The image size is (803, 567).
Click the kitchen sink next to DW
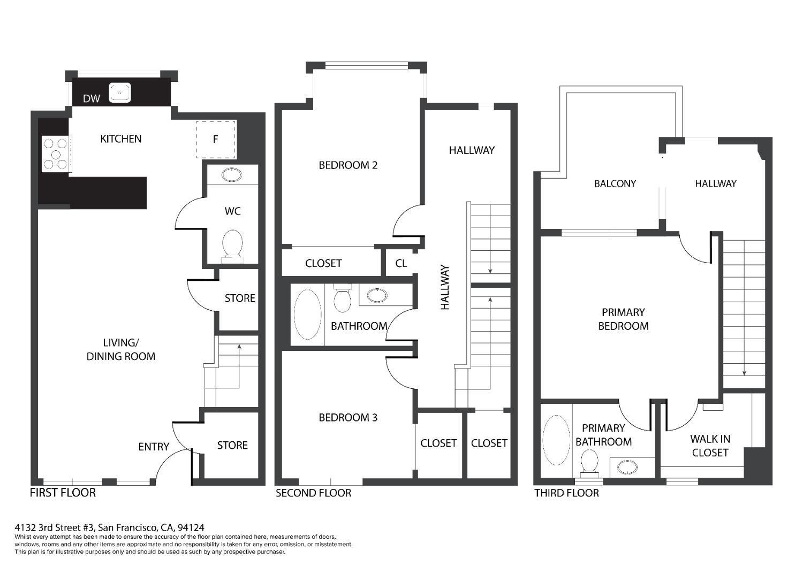pyautogui.click(x=120, y=93)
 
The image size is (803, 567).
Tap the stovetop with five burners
pyautogui.click(x=56, y=154)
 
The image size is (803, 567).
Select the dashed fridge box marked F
pyautogui.click(x=216, y=140)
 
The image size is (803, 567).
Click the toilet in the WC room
pyautogui.click(x=232, y=246)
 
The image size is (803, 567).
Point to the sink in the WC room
pyautogui.click(x=232, y=175)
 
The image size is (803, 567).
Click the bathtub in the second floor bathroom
pyautogui.click(x=307, y=315)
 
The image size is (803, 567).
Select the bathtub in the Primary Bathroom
pyautogui.click(x=556, y=440)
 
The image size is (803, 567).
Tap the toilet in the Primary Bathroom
pyautogui.click(x=589, y=462)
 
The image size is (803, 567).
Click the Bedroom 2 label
pyautogui.click(x=348, y=165)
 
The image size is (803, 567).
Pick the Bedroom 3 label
pyautogui.click(x=348, y=418)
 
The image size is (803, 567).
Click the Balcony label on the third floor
pyautogui.click(x=615, y=183)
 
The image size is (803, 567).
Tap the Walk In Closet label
pyautogui.click(x=710, y=446)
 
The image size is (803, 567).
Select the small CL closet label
pyautogui.click(x=401, y=263)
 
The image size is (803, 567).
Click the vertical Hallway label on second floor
pyautogui.click(x=445, y=288)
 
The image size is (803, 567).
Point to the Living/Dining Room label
pyautogui.click(x=121, y=349)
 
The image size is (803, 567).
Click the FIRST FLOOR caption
pyautogui.click(x=63, y=493)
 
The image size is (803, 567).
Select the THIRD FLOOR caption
pyautogui.click(x=566, y=493)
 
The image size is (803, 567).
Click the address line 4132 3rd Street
pyautogui.click(x=109, y=527)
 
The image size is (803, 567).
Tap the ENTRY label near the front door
pyautogui.click(x=154, y=447)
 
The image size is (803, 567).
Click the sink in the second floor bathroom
pyautogui.click(x=378, y=295)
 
